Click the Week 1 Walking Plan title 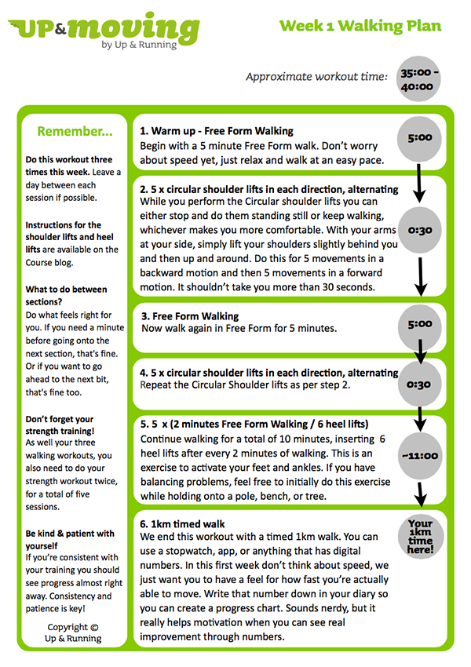(x=360, y=25)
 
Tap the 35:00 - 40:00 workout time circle (x=420, y=78)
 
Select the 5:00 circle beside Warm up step (x=420, y=137)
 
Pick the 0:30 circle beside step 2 (x=420, y=231)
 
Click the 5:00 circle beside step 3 (x=420, y=323)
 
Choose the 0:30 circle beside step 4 (x=420, y=385)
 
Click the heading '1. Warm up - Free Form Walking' (x=217, y=131)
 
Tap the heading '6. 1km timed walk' (x=182, y=523)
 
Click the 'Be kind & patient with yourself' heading (x=69, y=540)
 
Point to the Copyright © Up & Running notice (x=72, y=632)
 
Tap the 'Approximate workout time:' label (x=316, y=77)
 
